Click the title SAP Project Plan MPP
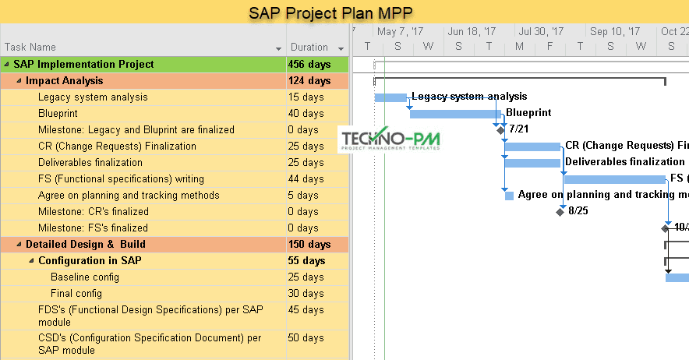pyautogui.click(x=330, y=12)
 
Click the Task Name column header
pyautogui.click(x=30, y=48)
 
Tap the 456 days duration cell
pyautogui.click(x=309, y=65)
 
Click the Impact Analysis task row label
pyautogui.click(x=64, y=81)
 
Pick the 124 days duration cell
pyautogui.click(x=309, y=81)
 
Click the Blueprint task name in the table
pyautogui.click(x=58, y=114)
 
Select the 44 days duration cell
pyautogui.click(x=306, y=179)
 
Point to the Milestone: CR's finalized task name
pyautogui.click(x=93, y=212)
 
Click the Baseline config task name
pyautogui.click(x=84, y=277)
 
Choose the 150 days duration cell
pyautogui.click(x=309, y=245)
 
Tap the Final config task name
pyautogui.click(x=76, y=294)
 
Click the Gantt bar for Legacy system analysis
pyautogui.click(x=390, y=97)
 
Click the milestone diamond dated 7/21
pyautogui.click(x=501, y=129)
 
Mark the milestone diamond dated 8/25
pyautogui.click(x=560, y=211)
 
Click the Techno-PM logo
pyautogui.click(x=390, y=140)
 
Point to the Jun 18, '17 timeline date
pyautogui.click(x=472, y=32)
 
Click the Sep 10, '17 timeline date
pyautogui.click(x=615, y=32)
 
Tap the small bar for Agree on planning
pyautogui.click(x=509, y=196)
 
